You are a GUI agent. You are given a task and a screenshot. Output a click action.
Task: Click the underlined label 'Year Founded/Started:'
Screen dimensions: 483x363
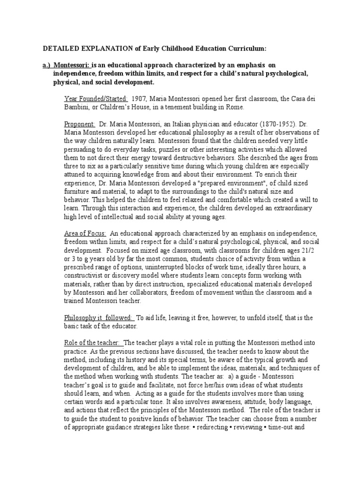(x=96, y=99)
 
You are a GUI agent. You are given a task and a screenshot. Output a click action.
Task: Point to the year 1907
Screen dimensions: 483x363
(x=143, y=99)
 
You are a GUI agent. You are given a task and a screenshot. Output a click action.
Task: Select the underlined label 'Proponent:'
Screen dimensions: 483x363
(x=79, y=124)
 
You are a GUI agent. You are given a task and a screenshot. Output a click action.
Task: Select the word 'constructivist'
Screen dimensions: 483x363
(x=86, y=276)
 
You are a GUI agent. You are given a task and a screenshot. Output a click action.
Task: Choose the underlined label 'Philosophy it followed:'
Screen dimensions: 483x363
(x=100, y=318)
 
